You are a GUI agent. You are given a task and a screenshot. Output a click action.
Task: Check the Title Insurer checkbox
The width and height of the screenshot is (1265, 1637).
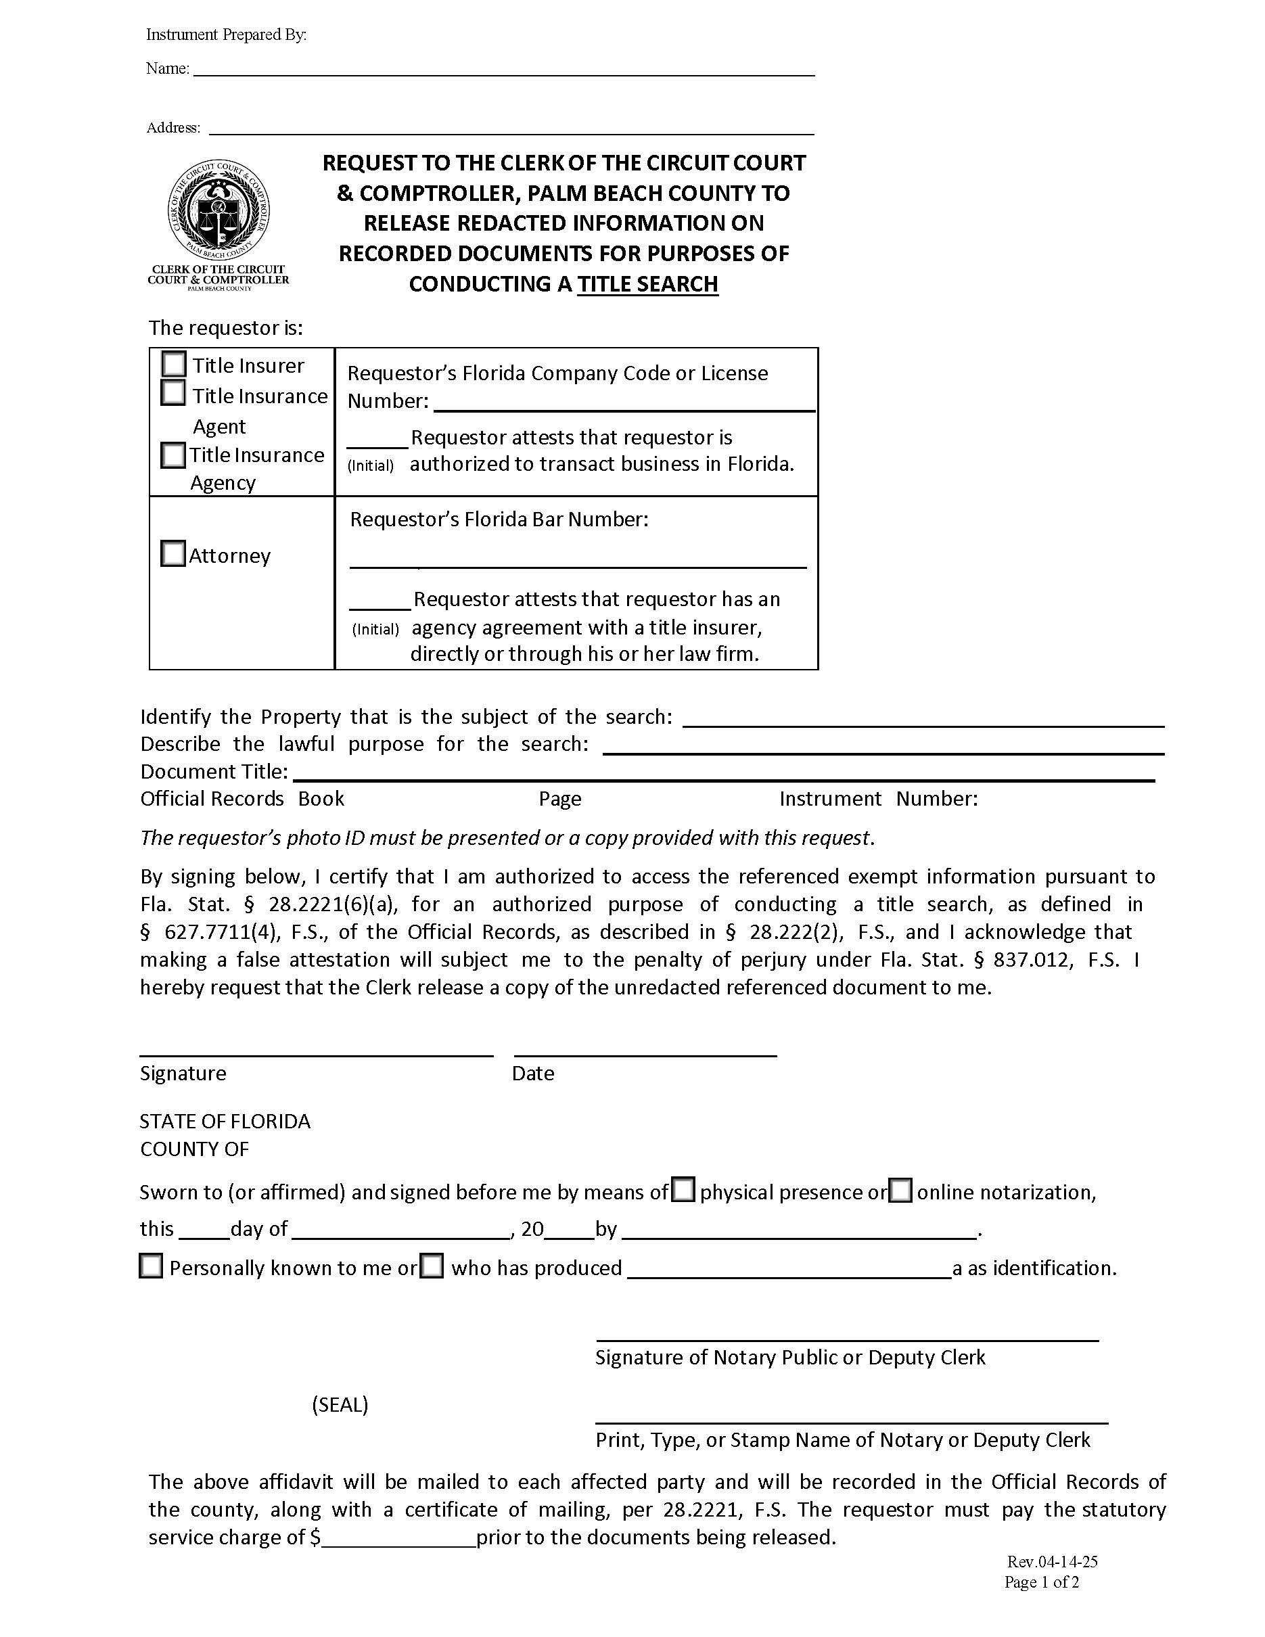pyautogui.click(x=174, y=365)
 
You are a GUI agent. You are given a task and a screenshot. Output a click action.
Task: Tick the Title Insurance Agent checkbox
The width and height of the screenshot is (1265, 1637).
pyautogui.click(x=173, y=393)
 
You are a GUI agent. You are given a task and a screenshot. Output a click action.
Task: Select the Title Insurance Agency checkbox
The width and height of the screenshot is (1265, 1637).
pyautogui.click(x=173, y=455)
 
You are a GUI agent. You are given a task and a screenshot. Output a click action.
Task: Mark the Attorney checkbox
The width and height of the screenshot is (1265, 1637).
pyautogui.click(x=173, y=554)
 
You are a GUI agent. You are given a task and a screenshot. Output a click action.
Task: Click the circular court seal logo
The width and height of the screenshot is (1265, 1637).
pyautogui.click(x=218, y=213)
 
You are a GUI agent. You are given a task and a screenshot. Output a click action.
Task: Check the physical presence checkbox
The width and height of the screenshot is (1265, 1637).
pyautogui.click(x=683, y=1191)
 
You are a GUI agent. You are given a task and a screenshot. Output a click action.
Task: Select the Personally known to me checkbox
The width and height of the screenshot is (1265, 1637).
pyautogui.click(x=152, y=1267)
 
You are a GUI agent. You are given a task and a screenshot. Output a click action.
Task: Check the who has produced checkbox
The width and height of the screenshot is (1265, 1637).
pyautogui.click(x=432, y=1267)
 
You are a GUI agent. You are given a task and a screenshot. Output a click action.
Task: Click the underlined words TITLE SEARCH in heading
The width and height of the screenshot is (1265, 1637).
pyautogui.click(x=647, y=284)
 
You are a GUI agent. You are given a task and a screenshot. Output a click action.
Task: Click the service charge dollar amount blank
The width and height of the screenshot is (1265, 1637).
pyautogui.click(x=398, y=1539)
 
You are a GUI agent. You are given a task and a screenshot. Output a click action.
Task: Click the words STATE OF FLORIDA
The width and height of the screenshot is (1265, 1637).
pyautogui.click(x=225, y=1122)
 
